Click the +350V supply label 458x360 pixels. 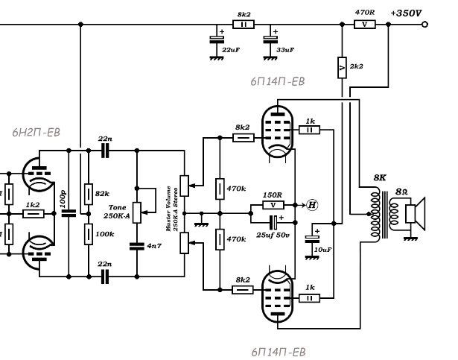(406, 13)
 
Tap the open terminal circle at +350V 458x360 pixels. (425, 25)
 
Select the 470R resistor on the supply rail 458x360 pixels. (364, 25)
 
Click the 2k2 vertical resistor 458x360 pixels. (342, 68)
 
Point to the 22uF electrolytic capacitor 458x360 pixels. (217, 40)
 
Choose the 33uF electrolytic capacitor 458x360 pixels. (270, 40)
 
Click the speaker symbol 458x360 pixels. (415, 214)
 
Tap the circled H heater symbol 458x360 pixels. (312, 205)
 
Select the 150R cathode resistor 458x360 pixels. (273, 205)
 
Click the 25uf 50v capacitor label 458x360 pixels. (273, 235)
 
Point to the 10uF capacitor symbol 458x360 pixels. (312, 239)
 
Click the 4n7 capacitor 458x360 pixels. (137, 246)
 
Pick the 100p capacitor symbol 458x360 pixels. (69, 213)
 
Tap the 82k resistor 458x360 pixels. (89, 195)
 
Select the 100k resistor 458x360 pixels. (89, 234)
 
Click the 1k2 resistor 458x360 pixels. (34, 214)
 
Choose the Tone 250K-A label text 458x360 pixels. (117, 212)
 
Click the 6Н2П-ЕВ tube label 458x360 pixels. (36, 133)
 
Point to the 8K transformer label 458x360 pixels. (380, 177)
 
